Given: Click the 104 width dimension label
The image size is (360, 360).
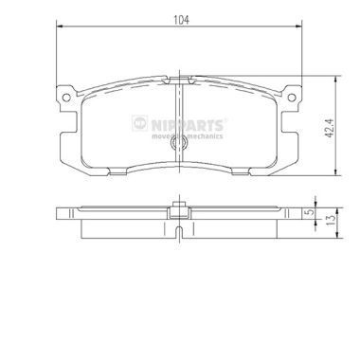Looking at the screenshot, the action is pos(181,20).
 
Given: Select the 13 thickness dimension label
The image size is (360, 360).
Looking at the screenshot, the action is pos(331,220).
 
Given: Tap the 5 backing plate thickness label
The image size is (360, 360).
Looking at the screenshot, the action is pos(312,212).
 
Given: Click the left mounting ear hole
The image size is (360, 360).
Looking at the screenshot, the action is pos(66,98).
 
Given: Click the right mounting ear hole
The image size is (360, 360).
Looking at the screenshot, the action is pos(292,98).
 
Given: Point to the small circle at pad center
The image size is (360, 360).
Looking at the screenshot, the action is pos(179,143).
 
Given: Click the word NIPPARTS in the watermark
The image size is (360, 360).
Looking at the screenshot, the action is pos(188,125).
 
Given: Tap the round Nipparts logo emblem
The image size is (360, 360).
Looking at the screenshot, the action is pos(139,123).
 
